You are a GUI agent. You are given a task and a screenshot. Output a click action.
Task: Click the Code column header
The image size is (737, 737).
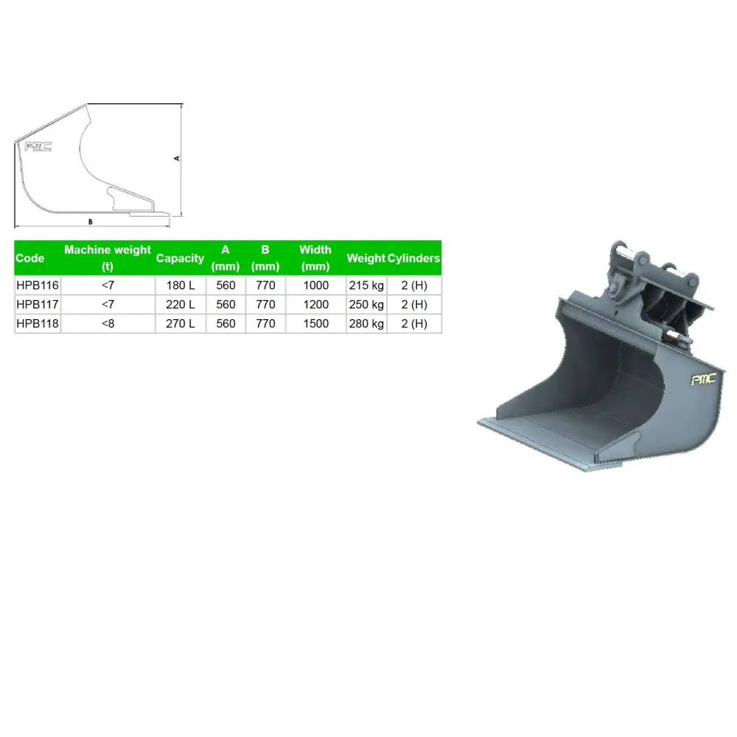29,258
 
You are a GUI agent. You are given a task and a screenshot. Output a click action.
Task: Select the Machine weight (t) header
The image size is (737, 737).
108,258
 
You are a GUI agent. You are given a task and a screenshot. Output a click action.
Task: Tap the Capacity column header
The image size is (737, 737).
180,258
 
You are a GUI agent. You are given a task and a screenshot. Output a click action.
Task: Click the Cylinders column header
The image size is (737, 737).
413,258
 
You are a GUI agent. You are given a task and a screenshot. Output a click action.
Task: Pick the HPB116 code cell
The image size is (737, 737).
38,285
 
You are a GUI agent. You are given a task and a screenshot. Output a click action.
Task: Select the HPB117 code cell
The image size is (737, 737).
38,304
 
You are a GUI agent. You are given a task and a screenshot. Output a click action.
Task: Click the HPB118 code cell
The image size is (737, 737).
38,324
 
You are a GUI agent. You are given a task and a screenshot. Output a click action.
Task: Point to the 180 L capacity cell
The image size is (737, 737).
181,285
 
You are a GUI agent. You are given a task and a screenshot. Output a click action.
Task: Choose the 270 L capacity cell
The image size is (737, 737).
181,324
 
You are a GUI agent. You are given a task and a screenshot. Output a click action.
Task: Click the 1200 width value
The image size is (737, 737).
316,304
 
